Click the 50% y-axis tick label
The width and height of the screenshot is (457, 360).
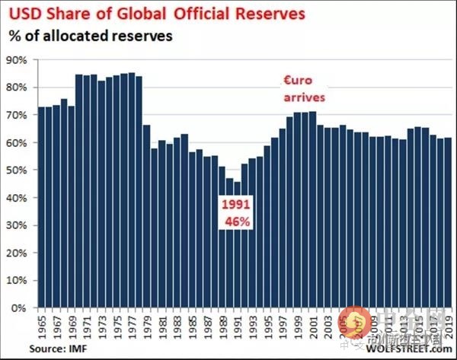[x=18, y=170]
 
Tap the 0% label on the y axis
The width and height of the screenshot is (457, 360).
[x=21, y=308]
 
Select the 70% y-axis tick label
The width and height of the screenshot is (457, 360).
[x=18, y=115]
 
